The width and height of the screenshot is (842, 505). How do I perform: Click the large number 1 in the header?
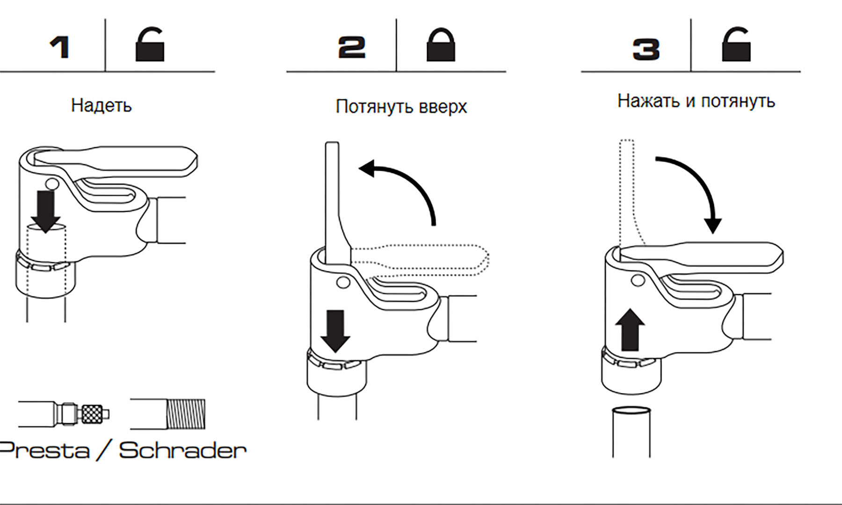60,48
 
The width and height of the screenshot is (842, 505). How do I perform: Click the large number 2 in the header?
352,48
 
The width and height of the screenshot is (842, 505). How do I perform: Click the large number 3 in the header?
646,49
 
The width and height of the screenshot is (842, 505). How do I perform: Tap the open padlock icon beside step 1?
150,46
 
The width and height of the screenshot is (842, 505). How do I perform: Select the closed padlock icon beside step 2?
441,46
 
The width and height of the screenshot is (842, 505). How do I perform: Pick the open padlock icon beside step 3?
736,46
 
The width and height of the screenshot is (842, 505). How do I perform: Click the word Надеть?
101,106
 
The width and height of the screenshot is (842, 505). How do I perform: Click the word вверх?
443,107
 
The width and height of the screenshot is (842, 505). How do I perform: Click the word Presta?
44,450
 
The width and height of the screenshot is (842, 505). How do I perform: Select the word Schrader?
182,450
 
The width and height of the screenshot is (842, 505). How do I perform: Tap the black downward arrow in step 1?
46,210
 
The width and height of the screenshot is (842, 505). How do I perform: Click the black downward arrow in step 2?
335,331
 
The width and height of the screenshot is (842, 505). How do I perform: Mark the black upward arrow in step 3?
630,330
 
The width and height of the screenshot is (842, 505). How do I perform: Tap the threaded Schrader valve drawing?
185,414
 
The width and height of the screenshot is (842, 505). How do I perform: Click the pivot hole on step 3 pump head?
637,280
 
